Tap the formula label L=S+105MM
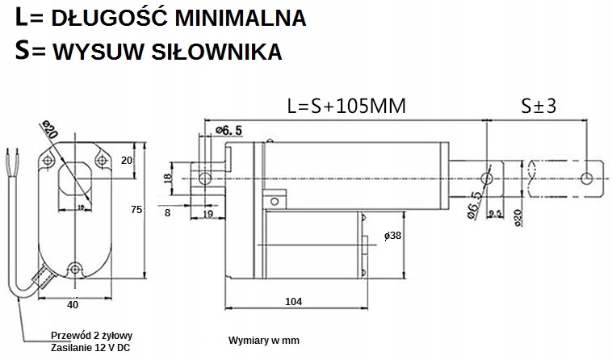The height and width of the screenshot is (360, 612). (346, 106)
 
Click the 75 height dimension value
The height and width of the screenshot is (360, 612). (136, 210)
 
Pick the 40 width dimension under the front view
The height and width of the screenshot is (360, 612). (73, 305)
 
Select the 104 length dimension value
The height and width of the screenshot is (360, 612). (293, 301)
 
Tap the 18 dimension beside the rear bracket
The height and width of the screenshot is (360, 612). (168, 178)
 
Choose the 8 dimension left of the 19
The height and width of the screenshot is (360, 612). (167, 213)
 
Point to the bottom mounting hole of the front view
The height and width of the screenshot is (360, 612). (74, 268)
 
